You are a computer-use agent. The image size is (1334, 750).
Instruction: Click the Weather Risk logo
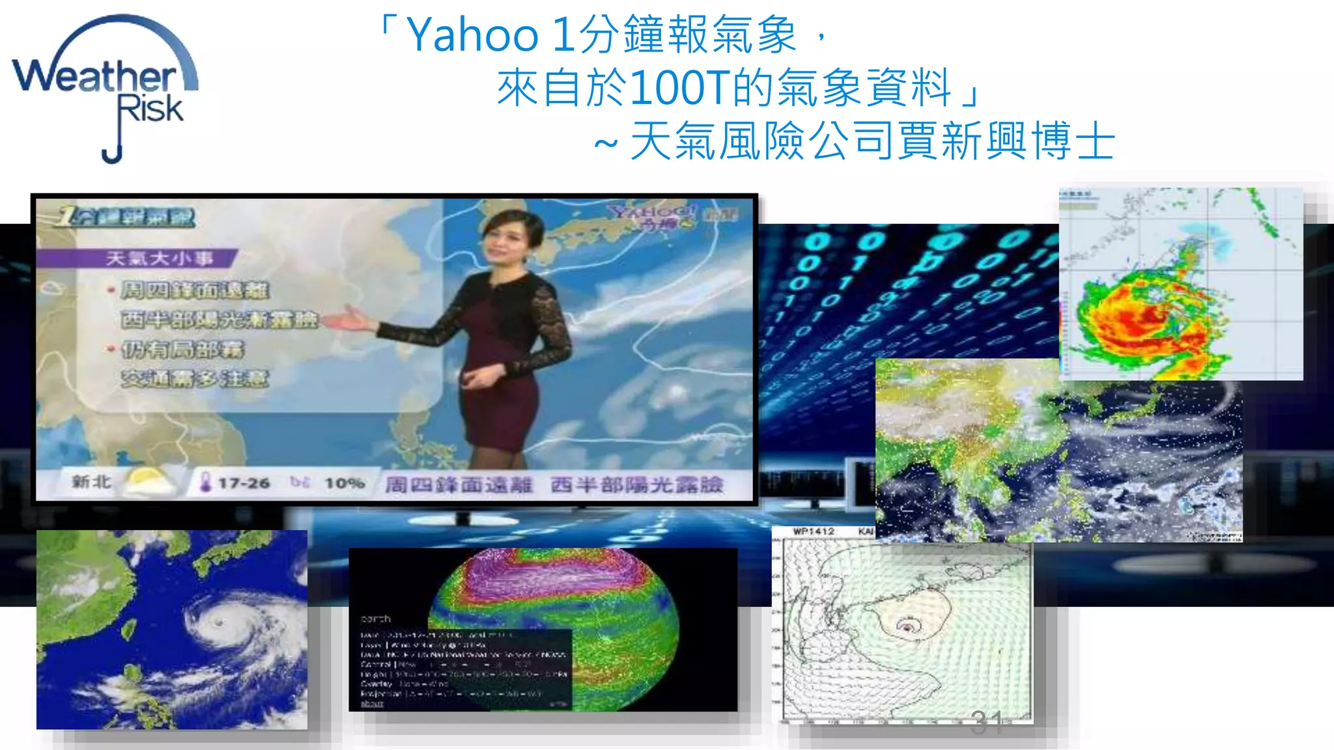tap(104, 85)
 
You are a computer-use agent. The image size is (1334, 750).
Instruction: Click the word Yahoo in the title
tap(472, 35)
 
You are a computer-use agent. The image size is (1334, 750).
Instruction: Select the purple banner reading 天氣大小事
tap(160, 258)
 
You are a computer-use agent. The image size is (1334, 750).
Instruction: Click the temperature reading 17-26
tap(244, 483)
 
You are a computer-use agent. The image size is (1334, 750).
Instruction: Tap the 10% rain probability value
tap(344, 483)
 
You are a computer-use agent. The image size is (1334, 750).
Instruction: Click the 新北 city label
tap(91, 482)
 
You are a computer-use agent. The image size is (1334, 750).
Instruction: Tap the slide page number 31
tap(986, 721)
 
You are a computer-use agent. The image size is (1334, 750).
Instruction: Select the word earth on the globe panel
tap(376, 618)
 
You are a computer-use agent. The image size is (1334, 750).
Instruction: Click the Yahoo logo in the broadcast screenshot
tap(651, 215)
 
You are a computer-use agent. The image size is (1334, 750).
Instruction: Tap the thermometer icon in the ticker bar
tap(205, 482)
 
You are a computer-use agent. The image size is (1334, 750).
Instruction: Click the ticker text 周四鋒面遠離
tap(459, 485)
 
